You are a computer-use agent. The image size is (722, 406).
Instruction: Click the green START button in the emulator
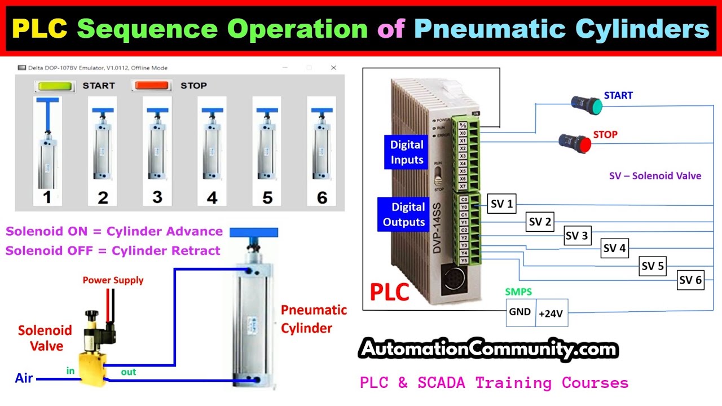pos(54,86)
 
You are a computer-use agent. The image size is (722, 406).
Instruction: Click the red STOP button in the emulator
pos(151,86)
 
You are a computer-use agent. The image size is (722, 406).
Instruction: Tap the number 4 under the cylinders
pos(212,197)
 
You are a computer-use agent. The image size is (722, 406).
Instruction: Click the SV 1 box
pos(501,204)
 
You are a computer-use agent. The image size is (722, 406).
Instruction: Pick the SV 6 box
pos(690,280)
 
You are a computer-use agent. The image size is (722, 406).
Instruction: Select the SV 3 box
pos(576,236)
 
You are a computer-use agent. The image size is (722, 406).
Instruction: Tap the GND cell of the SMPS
pos(520,312)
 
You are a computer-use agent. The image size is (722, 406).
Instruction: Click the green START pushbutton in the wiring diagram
pos(587,103)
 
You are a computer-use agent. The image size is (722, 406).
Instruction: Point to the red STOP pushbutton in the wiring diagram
pos(574,142)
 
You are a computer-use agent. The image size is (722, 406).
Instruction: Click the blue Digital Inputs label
pos(407,152)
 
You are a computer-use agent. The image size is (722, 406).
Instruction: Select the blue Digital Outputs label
pos(403,214)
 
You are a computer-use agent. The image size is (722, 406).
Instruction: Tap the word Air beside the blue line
pos(24,378)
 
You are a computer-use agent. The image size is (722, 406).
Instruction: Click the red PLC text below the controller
pos(389,293)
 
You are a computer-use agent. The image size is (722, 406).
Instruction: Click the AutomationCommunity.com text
pos(488,350)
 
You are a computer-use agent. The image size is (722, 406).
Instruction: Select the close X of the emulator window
pos(333,68)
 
